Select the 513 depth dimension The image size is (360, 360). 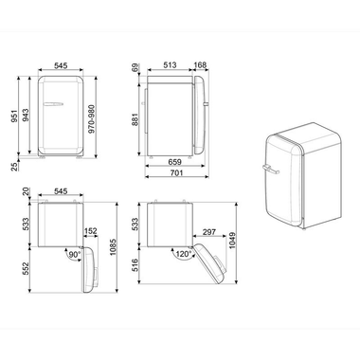point(171,65)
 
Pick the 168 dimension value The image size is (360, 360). point(202,65)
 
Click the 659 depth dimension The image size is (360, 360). point(176,161)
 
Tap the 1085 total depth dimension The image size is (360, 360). point(115,255)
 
